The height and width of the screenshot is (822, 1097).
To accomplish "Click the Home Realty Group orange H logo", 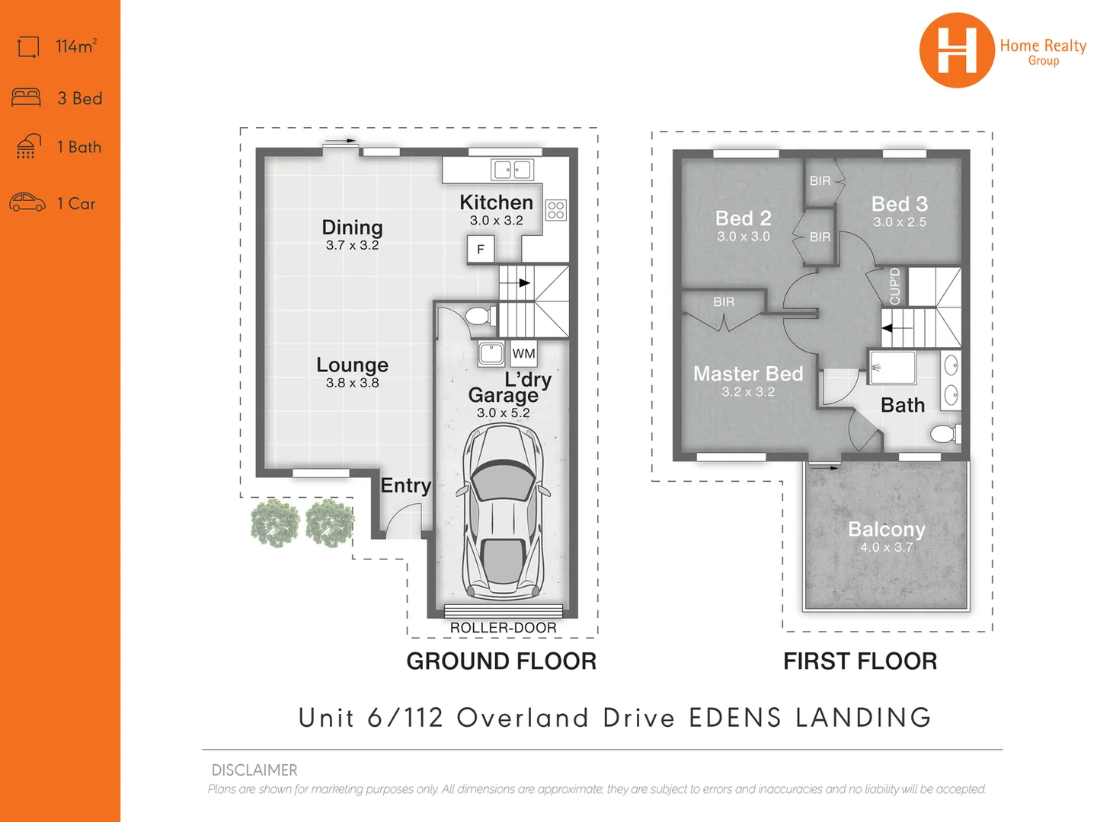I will click(956, 50).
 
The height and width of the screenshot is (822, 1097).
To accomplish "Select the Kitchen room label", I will click(496, 202).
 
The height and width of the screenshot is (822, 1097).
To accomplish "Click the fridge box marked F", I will click(481, 249).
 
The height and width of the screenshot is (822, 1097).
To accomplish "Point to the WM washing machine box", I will click(523, 353).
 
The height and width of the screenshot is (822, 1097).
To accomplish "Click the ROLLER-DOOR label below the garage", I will click(503, 628).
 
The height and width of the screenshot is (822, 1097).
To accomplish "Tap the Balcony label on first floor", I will click(886, 529).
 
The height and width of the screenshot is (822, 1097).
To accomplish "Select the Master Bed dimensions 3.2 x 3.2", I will click(748, 392).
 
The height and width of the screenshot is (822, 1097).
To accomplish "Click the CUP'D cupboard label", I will click(895, 286).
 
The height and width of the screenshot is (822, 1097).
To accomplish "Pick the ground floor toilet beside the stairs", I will click(478, 316).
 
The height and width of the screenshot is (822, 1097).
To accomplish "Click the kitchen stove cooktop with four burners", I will click(556, 210).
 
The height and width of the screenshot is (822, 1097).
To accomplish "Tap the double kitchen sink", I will click(511, 169).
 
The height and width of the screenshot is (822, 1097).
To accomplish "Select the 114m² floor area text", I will click(76, 46).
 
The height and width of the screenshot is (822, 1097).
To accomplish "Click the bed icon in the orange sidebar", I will click(27, 97).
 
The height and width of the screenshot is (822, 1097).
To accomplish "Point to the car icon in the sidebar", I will click(27, 202).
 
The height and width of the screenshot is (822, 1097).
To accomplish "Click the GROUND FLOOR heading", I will click(501, 661).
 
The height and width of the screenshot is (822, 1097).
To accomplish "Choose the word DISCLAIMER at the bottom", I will click(254, 770).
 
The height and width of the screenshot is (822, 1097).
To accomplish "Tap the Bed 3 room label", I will click(899, 204).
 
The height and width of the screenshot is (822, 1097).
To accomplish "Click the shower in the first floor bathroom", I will click(892, 368).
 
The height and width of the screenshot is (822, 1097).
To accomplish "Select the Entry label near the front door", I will click(405, 486).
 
